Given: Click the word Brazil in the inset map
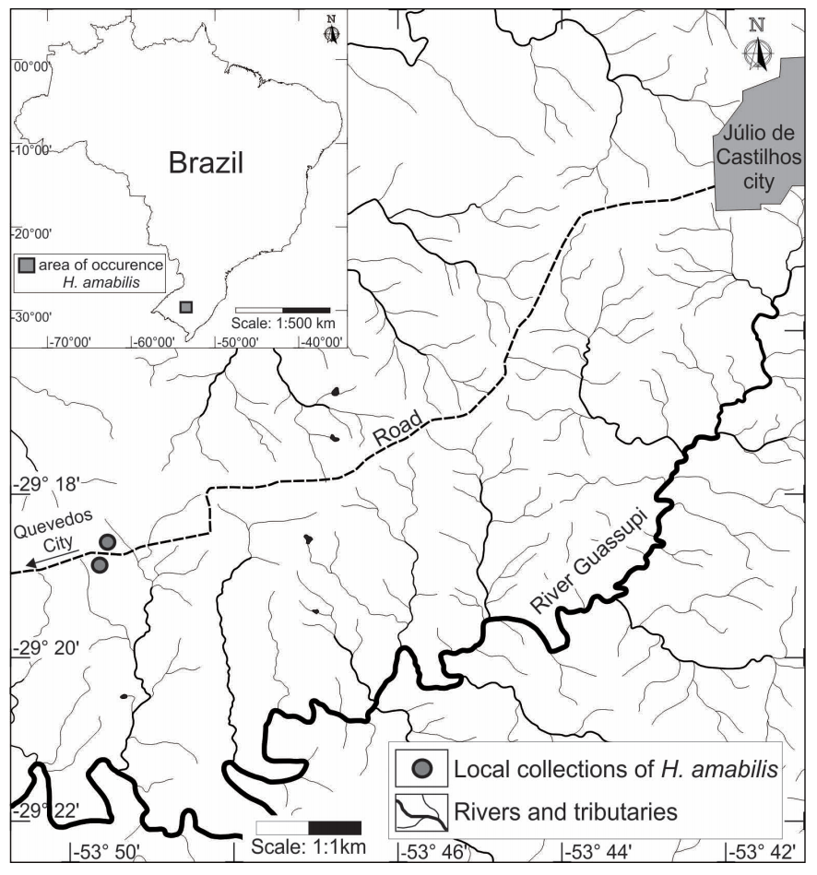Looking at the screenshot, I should (x=206, y=163).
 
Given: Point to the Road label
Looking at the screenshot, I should (x=398, y=430).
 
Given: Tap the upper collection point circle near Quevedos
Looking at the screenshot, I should (x=107, y=541).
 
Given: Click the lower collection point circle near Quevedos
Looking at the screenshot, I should (x=100, y=564).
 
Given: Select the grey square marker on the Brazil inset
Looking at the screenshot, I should (x=186, y=306).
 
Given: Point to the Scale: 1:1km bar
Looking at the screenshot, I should (x=308, y=827).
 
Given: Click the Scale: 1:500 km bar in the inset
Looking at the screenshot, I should (x=282, y=309).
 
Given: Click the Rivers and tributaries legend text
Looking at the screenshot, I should (x=565, y=813).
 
